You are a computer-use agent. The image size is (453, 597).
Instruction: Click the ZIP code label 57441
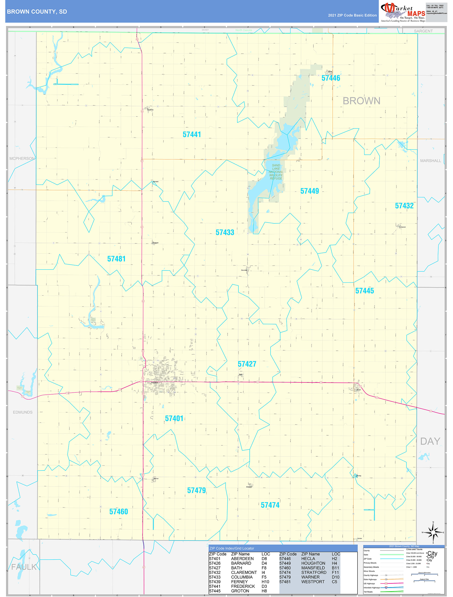(192, 134)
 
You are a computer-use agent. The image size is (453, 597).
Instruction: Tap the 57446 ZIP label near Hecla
(330, 78)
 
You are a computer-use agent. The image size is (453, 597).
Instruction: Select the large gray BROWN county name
(361, 101)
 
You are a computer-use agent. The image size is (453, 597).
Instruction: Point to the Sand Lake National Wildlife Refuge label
(276, 172)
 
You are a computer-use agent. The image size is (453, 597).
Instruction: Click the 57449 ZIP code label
(310, 191)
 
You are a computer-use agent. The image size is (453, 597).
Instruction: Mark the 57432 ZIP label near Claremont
(404, 206)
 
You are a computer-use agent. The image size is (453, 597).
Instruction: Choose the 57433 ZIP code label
(225, 232)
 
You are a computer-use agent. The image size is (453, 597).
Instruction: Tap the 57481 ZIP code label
(116, 259)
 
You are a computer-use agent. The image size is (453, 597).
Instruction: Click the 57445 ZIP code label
(364, 291)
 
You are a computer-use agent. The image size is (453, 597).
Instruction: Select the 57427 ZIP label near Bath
(247, 364)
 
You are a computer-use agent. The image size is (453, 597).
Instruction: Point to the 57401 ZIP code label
(174, 419)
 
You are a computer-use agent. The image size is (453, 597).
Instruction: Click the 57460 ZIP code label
(118, 512)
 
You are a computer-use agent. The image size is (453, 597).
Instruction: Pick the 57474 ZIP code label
(270, 505)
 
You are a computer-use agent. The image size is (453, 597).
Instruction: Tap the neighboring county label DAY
(430, 441)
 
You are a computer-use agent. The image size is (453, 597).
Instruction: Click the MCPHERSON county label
(22, 158)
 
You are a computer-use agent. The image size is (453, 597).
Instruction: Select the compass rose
(433, 532)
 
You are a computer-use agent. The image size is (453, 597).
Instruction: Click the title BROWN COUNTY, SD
(37, 12)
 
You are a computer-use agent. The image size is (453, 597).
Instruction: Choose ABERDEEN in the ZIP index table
(242, 559)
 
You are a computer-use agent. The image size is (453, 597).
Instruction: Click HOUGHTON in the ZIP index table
(313, 563)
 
